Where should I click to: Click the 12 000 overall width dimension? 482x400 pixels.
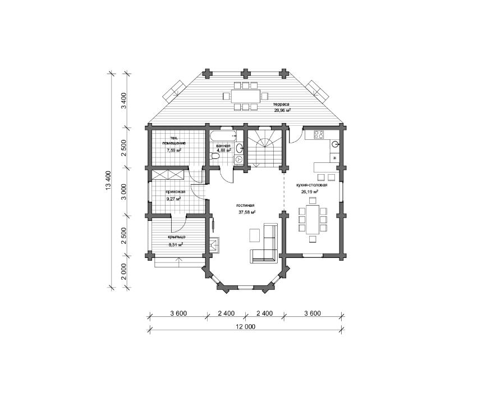point(246,326)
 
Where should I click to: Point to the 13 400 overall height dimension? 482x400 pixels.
point(108,180)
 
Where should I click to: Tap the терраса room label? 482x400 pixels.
point(282,104)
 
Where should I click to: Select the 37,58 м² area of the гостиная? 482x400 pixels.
point(247,212)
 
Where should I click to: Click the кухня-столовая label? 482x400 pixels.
point(311,185)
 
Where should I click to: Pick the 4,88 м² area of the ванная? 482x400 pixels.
point(223,151)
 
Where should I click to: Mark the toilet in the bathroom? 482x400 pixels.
point(215,157)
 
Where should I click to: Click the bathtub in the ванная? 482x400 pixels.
point(223,135)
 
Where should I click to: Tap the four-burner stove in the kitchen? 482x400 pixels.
point(319,134)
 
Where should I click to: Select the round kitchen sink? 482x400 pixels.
point(335,143)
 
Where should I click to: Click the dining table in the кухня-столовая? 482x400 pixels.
point(313,220)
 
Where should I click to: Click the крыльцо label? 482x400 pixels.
point(176,237)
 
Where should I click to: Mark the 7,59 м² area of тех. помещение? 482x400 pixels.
point(174,151)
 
